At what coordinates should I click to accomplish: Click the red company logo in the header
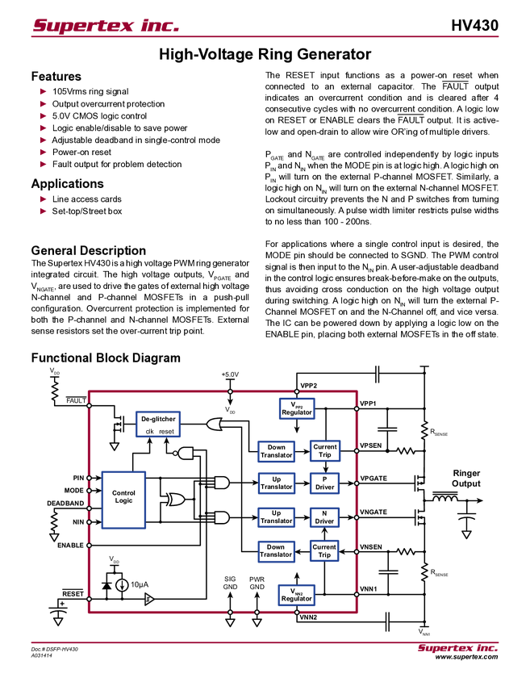[105, 26]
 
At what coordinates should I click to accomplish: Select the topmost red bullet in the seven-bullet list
[44, 92]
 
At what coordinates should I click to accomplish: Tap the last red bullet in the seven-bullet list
[44, 164]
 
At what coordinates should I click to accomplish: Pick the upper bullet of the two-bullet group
[44, 199]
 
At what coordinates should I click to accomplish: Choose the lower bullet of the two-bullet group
[44, 211]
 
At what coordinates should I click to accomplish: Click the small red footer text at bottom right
[457, 649]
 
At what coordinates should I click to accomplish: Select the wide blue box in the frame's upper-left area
[158, 424]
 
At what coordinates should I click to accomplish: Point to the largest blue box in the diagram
[123, 500]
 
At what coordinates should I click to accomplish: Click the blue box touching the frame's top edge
[296, 408]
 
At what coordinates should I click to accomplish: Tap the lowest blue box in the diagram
[296, 595]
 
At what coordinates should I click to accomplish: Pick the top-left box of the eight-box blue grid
[277, 451]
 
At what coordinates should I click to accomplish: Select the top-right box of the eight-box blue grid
[325, 450]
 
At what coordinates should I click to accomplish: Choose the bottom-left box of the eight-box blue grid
[277, 551]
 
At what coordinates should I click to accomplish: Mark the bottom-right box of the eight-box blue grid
[324, 550]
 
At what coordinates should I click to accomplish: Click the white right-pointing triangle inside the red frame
[148, 599]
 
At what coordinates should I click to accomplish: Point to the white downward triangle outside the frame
[466, 534]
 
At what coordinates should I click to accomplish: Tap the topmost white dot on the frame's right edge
[357, 408]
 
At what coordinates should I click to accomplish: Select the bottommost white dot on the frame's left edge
[89, 599]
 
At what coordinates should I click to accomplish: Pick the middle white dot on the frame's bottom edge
[257, 613]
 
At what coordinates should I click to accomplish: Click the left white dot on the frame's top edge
[230, 391]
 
